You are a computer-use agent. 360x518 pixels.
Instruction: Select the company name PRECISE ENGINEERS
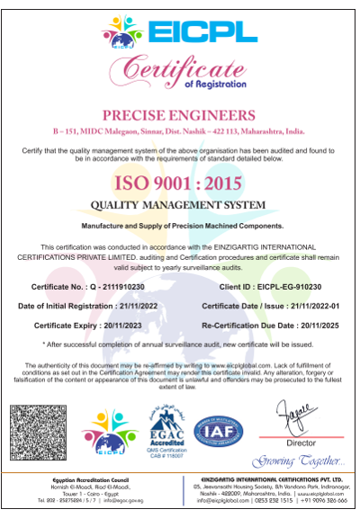tap(180, 115)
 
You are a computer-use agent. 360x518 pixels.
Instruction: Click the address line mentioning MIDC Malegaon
tap(180, 131)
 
